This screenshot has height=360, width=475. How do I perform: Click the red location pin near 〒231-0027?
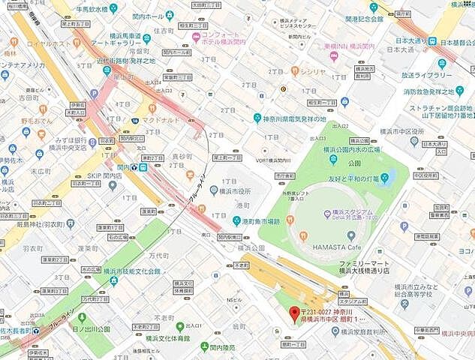pos(294,313)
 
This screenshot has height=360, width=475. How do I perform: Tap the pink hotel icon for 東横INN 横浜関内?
pos(333,55)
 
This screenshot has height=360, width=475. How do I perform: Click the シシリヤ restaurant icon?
pos(295,71)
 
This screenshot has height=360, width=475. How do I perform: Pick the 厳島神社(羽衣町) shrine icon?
pos(71,223)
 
